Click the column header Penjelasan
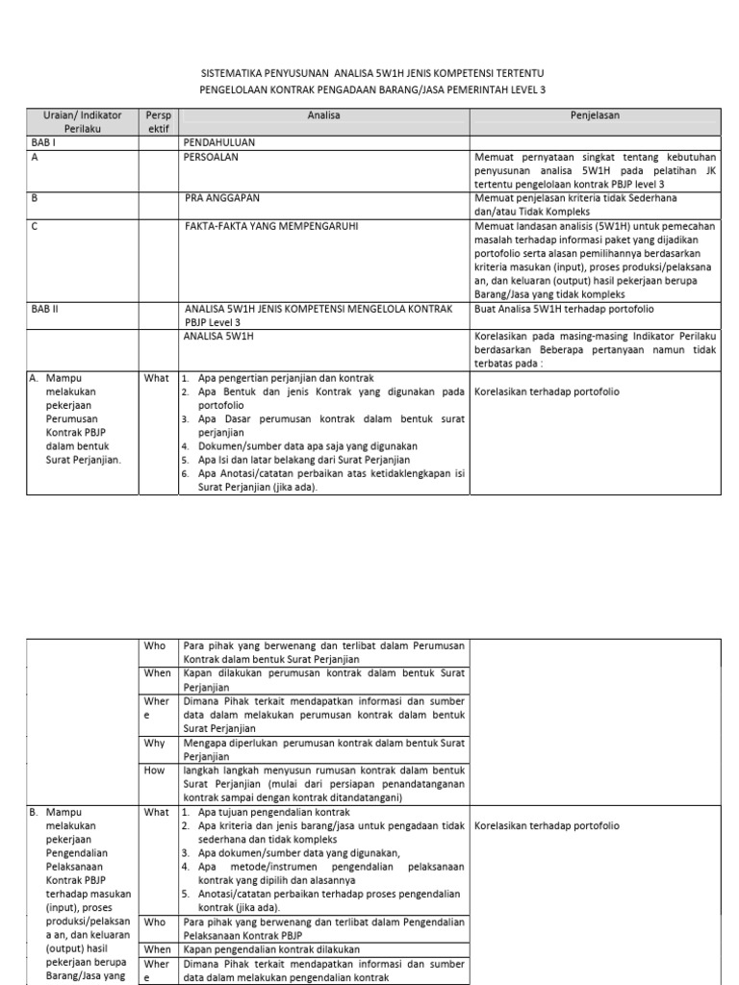[594, 114]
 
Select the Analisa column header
[323, 114]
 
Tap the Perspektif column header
[158, 121]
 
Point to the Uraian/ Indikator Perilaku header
[83, 121]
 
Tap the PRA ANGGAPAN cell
[221, 197]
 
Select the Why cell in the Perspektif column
[155, 744]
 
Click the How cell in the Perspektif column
[155, 770]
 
